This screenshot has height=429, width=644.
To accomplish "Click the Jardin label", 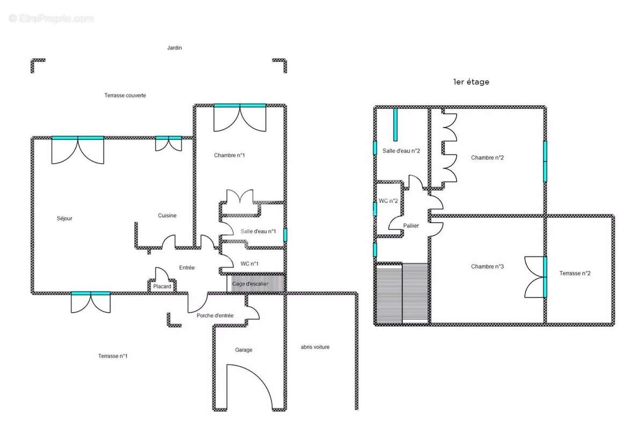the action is [x=174, y=48].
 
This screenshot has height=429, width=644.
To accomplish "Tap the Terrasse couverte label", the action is [x=125, y=95].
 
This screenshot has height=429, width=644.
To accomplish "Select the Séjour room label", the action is [x=64, y=219].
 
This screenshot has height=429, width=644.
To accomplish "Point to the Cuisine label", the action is [x=167, y=216].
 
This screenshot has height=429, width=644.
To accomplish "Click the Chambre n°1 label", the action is [x=229, y=156].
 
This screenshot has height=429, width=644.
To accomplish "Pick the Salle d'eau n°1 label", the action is [x=258, y=231].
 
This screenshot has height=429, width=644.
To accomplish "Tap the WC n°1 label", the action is [x=249, y=264].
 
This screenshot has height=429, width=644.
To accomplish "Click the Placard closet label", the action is [x=162, y=286].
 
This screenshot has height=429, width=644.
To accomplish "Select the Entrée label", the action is [x=187, y=268].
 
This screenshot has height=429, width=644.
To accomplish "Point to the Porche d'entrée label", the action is [x=215, y=315].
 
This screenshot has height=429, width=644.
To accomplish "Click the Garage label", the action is [x=244, y=350].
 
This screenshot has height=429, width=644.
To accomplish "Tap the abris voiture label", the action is [x=315, y=347].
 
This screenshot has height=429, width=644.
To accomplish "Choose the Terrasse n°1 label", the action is [x=113, y=356].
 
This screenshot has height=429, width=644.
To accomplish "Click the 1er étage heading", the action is [x=471, y=82].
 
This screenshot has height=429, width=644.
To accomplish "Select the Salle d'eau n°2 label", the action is [x=401, y=151].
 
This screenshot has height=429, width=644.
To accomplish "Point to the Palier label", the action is [x=411, y=226].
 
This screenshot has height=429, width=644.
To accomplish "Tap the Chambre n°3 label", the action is [x=487, y=267].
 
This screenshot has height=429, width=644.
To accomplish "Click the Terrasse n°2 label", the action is [x=575, y=273].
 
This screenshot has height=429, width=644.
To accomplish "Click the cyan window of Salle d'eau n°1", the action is [x=285, y=235].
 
